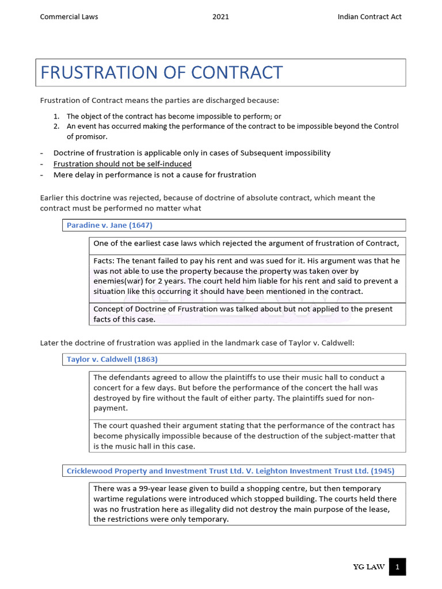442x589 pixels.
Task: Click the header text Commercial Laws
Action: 68,17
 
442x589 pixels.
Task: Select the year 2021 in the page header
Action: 220,17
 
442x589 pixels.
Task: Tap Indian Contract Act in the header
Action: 369,17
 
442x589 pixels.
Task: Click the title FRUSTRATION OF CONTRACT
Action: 162,73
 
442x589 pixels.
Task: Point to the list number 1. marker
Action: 57,116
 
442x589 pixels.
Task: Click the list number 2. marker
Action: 57,126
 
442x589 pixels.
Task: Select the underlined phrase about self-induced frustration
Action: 122,164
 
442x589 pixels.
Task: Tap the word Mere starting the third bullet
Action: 64,175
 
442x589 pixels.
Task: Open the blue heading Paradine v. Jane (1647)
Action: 109,225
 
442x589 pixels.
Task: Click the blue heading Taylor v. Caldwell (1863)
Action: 112,359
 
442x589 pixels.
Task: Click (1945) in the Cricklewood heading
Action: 383,471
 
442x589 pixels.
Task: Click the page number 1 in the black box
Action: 397,568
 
